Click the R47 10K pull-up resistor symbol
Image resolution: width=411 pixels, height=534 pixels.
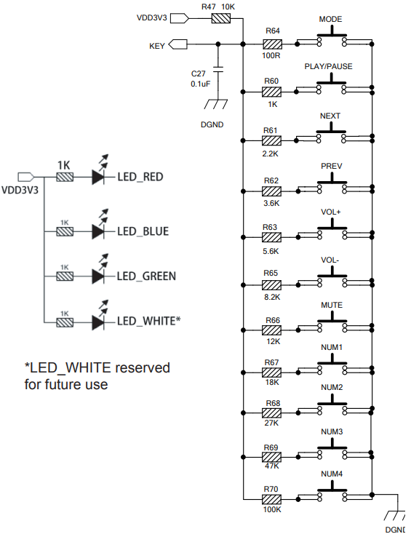point(221,18)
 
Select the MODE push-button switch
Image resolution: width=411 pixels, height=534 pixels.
point(332,39)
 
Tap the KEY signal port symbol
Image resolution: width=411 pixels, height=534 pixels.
point(178,44)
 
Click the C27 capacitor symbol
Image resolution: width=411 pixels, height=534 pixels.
point(218,69)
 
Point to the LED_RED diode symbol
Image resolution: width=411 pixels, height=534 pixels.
point(98,177)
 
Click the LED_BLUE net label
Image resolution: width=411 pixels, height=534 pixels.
point(143,231)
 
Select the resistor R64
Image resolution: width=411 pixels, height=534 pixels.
point(272,44)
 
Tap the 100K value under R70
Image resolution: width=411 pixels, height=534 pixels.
point(272,509)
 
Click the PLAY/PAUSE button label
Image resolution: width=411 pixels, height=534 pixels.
point(328,66)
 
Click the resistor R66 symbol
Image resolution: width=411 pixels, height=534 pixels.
point(272,330)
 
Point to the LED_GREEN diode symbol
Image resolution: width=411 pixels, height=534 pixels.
point(98,276)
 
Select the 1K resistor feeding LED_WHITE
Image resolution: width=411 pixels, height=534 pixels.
point(65,322)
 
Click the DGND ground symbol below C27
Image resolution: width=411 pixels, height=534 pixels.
point(216,104)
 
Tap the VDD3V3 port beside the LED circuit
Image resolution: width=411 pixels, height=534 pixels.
point(26,177)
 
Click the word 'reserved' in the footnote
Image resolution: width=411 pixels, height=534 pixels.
point(143,368)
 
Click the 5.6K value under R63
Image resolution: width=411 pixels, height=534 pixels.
point(271,251)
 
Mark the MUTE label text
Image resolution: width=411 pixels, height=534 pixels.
point(332,305)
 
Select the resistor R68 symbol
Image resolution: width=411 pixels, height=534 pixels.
point(272,413)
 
